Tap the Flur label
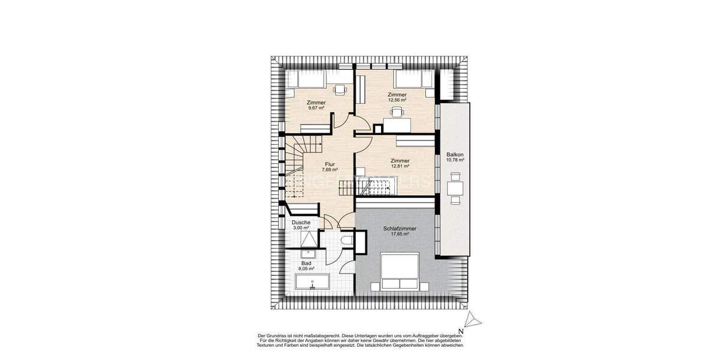click(329, 164)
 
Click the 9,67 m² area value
click(316, 108)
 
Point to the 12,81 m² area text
click(400, 166)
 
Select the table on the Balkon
click(455, 188)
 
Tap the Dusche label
click(301, 223)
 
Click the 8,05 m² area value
click(306, 269)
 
